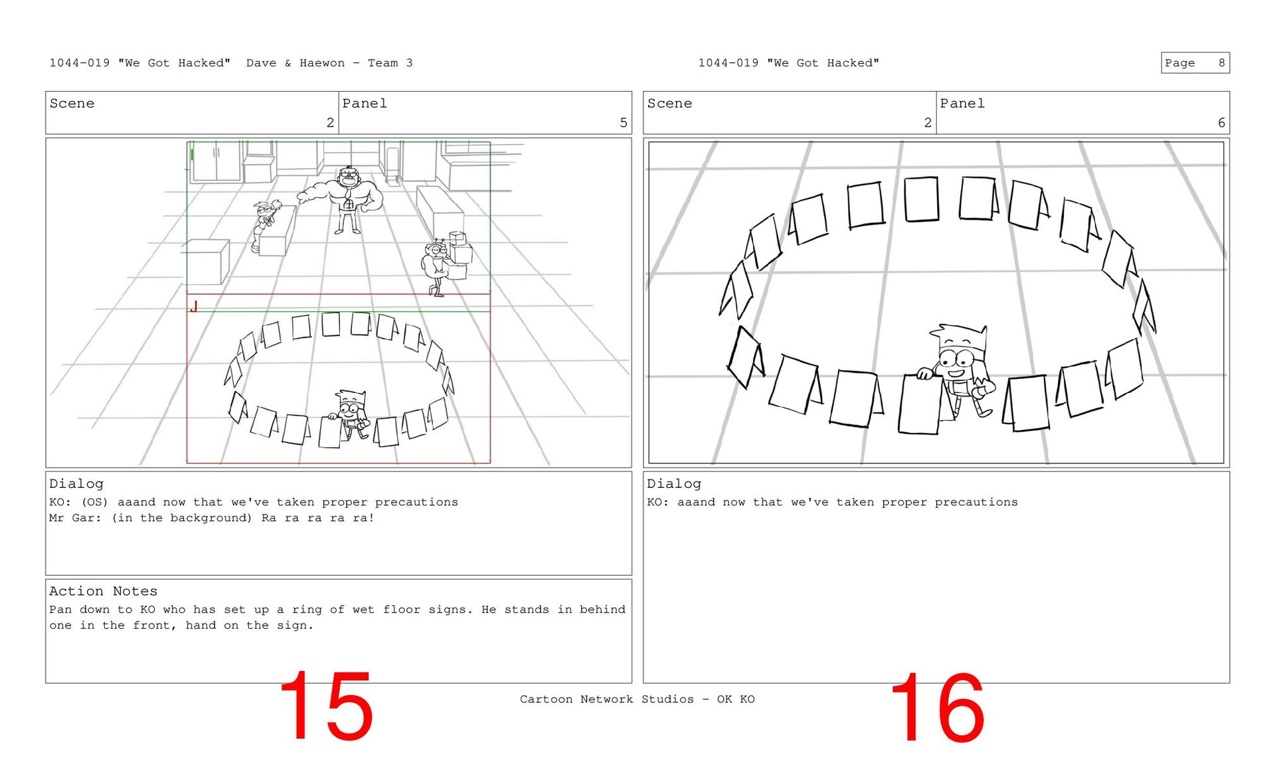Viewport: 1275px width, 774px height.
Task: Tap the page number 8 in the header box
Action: pos(1221,63)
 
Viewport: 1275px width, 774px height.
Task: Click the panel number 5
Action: pos(624,123)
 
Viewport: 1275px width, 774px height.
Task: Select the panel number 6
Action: pos(1221,123)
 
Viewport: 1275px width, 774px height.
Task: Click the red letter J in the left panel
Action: pos(194,306)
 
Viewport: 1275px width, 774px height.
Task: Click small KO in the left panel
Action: pos(350,414)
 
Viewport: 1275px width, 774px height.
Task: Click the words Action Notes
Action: pos(103,591)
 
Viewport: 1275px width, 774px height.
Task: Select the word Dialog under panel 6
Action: pos(674,484)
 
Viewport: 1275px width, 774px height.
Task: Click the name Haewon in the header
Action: pos(322,63)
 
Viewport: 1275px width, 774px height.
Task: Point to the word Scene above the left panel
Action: pos(72,104)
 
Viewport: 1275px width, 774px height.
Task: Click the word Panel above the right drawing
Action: pos(962,104)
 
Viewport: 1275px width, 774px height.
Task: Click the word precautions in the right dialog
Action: pos(976,503)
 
